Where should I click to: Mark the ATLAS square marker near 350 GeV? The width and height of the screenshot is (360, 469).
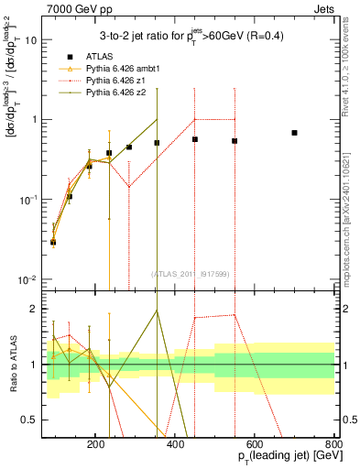point(158,143)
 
